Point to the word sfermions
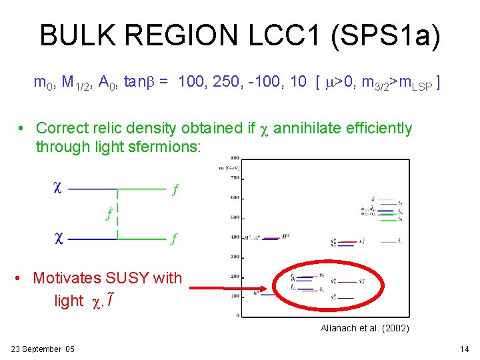click(x=159, y=146)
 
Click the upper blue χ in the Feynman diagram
click(x=58, y=188)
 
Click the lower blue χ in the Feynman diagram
click(x=58, y=238)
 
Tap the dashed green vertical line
click(x=118, y=213)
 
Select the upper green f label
click(x=175, y=189)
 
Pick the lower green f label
click(x=174, y=239)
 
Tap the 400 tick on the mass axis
click(x=235, y=237)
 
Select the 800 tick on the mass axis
click(x=235, y=159)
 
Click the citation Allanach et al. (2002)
click(x=365, y=328)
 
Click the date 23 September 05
click(x=43, y=349)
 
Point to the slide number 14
click(x=465, y=349)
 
